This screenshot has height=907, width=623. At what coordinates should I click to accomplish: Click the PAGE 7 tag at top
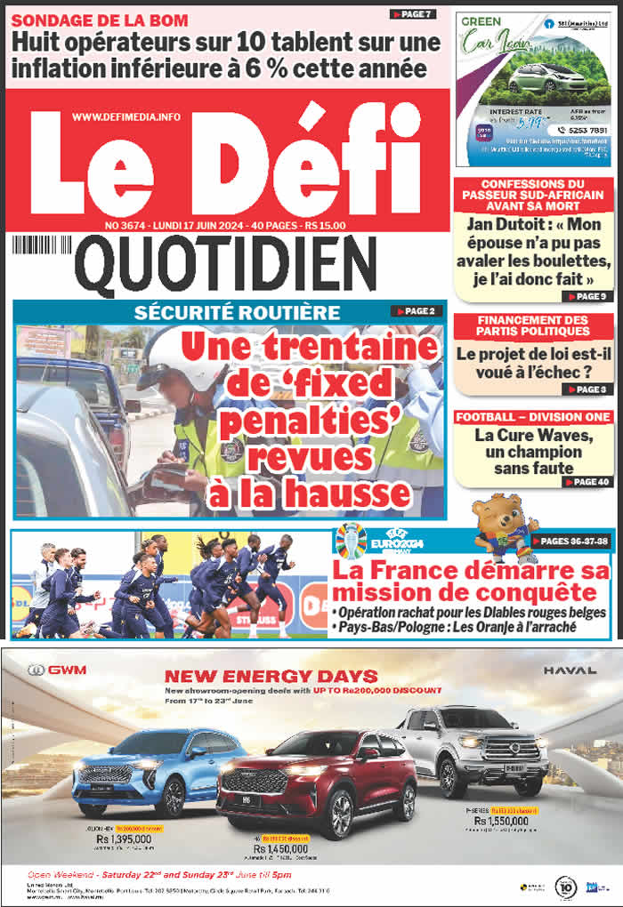(x=412, y=14)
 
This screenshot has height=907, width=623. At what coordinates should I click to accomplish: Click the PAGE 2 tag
(x=414, y=311)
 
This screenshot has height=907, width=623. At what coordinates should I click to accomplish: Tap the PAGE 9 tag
(x=587, y=296)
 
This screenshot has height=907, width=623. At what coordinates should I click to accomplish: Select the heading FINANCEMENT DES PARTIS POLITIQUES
(x=533, y=325)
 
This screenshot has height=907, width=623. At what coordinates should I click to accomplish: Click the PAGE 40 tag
(x=587, y=481)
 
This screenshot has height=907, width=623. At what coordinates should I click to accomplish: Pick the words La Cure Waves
(x=533, y=435)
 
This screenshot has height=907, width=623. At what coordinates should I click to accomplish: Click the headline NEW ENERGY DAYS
(x=271, y=677)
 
